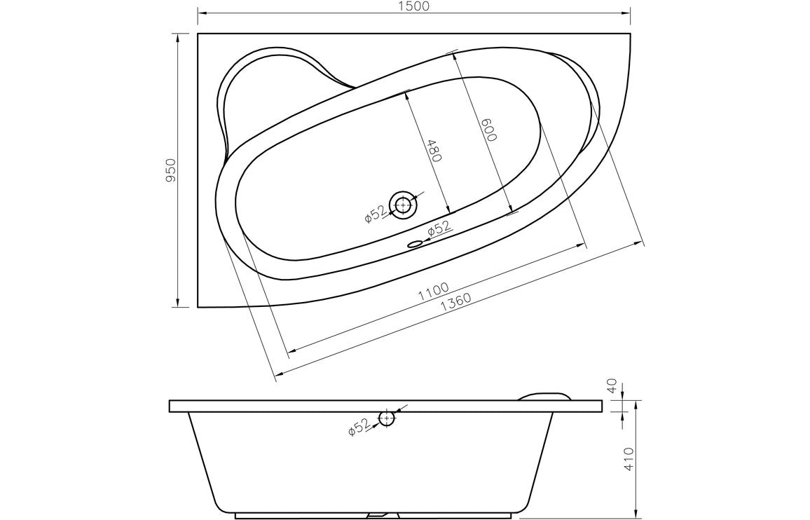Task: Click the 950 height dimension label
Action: tap(170, 170)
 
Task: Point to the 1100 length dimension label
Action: tap(433, 292)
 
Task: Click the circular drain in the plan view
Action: tap(403, 205)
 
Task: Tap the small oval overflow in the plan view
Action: tap(416, 244)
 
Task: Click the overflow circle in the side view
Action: tap(386, 418)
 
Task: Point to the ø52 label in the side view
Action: tap(358, 427)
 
